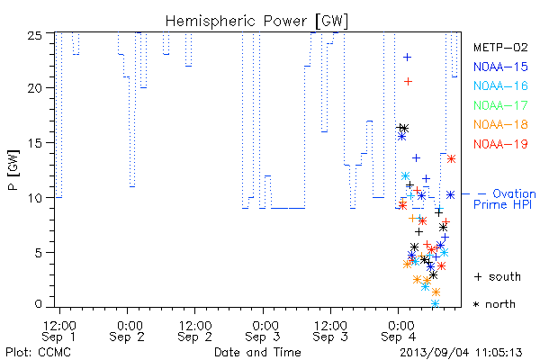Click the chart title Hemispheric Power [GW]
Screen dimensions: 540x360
click(x=256, y=21)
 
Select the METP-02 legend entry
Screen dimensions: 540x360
click(x=500, y=47)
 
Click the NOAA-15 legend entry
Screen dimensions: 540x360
click(x=500, y=67)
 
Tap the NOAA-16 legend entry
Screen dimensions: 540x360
click(x=500, y=85)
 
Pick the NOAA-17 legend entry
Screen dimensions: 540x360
click(x=500, y=105)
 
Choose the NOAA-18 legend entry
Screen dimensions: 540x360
click(x=500, y=124)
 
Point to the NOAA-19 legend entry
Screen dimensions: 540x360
click(x=500, y=144)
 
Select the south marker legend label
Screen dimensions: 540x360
click(x=498, y=276)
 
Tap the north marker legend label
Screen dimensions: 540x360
click(x=494, y=304)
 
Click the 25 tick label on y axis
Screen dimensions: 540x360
click(x=34, y=35)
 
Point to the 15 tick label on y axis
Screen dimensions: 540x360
click(x=34, y=142)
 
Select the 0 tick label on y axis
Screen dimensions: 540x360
click(x=38, y=304)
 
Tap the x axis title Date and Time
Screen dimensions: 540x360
click(x=257, y=352)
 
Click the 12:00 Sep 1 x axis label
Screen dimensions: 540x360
click(x=59, y=331)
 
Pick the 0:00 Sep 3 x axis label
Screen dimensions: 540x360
click(x=264, y=331)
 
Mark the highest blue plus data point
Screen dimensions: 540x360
click(x=408, y=58)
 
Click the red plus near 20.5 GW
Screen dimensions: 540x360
click(x=408, y=82)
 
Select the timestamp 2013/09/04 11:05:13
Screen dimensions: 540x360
click(x=461, y=353)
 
